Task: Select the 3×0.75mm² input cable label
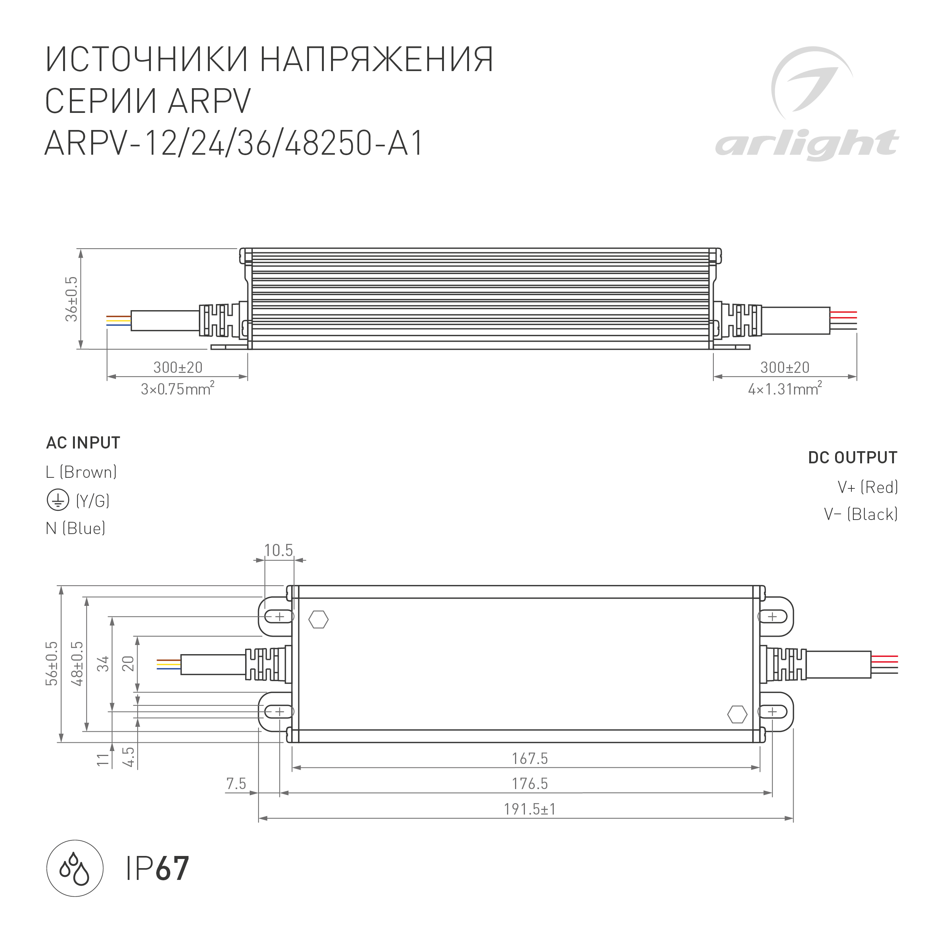coord(178,389)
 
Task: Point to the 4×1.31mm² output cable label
coord(785,389)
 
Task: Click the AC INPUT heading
coord(83,443)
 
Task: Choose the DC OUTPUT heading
coord(853,457)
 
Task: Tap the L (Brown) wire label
coord(81,472)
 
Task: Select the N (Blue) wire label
coord(76,528)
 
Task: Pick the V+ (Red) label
coord(868,487)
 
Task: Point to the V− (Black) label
coord(861,514)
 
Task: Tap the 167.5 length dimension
coord(529,759)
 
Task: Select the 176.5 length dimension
coord(529,783)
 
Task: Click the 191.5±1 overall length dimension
coord(529,809)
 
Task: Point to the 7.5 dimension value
coord(236,783)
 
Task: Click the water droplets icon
coord(74,869)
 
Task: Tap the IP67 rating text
coord(157,869)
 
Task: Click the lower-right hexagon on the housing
coord(737,715)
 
